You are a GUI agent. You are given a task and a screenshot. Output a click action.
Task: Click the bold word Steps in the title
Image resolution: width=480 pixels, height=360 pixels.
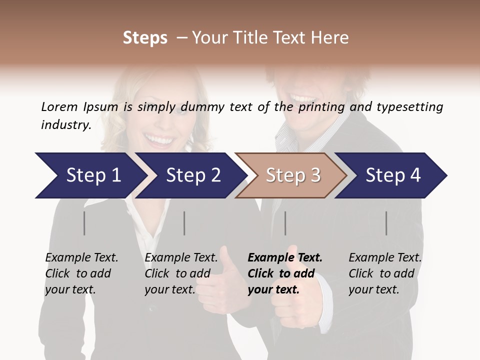point(145,38)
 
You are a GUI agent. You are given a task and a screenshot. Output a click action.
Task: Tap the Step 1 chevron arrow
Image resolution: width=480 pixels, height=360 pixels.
point(90,175)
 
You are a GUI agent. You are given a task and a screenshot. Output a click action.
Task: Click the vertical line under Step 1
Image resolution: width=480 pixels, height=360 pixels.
point(84,223)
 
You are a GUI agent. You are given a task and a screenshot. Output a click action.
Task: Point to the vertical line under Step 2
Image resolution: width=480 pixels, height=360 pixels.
point(184,223)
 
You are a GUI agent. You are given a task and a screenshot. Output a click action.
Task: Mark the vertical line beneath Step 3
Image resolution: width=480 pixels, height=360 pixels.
point(285,223)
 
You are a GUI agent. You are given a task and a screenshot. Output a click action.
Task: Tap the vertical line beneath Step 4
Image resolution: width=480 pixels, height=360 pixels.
point(386,223)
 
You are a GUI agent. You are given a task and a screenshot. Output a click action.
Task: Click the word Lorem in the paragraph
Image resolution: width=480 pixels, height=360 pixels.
point(59,106)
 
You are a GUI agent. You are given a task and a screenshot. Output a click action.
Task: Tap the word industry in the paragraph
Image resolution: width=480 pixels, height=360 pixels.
point(65,124)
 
